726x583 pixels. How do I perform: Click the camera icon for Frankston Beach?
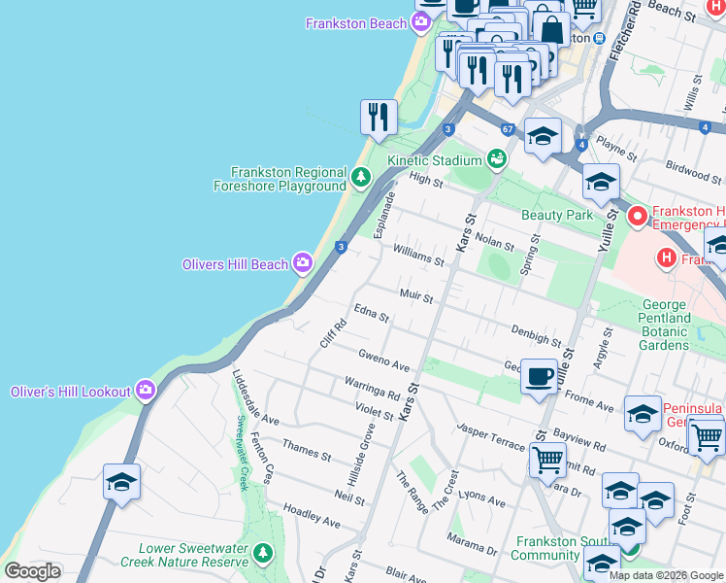pos(421,23)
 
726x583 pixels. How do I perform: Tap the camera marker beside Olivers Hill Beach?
pos(303,263)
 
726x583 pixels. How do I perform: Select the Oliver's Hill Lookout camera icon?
pos(146,391)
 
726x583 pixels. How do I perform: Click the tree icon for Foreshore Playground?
pos(361,177)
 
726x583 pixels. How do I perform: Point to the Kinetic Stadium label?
pos(434,159)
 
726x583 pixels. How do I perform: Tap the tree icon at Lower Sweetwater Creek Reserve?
pos(262,554)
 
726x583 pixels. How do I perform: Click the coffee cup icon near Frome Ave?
pos(539,375)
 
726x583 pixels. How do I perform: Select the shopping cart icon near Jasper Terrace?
pos(548,458)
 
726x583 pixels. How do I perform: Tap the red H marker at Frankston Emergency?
pos(638,216)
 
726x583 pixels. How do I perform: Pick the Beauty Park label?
pos(556,214)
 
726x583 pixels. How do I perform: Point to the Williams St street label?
pos(418,255)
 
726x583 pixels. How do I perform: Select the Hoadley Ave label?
pos(312,515)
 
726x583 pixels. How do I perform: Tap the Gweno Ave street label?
pos(383,360)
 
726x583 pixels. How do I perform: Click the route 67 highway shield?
pos(508,129)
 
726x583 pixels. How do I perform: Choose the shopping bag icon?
pos(551,28)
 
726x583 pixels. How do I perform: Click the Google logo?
pos(33,571)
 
